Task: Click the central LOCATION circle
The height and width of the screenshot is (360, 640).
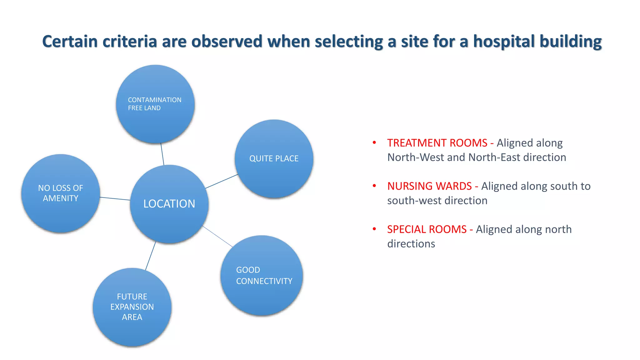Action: pos(169,204)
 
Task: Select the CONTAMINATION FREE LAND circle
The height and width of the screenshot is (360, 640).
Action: pos(155,104)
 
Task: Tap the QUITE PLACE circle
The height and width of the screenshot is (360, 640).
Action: pos(274,159)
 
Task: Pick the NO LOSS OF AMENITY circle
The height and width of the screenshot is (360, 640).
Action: pos(61,193)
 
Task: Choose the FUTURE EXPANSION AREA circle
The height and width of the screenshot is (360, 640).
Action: pos(132,307)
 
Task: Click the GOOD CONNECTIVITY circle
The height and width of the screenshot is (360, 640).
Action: pos(262,275)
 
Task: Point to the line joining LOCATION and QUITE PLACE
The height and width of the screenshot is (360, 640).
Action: pos(222,181)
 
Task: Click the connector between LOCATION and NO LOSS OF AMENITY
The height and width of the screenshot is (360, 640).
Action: pos(115,198)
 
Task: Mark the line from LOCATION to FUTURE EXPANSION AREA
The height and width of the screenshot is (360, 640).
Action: pos(151,256)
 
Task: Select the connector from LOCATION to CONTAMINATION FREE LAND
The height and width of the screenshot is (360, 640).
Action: pos(162,154)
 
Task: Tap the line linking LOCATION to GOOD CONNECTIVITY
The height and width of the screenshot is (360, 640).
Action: pos(217,236)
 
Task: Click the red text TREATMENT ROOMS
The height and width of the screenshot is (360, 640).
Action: pos(437,143)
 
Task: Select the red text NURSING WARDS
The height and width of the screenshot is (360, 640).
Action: pos(429,186)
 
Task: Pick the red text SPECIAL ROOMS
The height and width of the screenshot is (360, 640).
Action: pos(427,229)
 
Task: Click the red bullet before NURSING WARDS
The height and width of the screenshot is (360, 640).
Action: pos(374,186)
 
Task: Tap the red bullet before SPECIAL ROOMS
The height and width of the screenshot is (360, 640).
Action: pos(374,229)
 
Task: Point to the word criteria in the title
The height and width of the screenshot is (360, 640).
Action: pos(129,42)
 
